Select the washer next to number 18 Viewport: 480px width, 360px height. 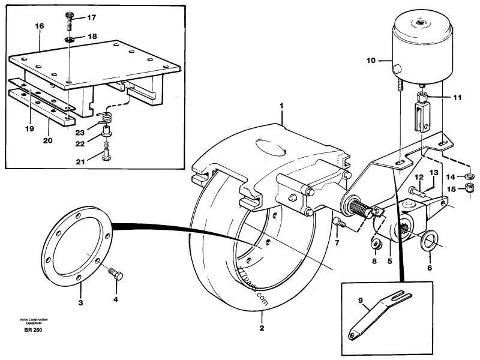point(70,39)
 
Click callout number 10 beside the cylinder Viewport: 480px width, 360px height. point(370,61)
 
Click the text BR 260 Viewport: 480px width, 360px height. point(33,331)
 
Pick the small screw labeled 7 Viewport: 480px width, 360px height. point(338,223)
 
